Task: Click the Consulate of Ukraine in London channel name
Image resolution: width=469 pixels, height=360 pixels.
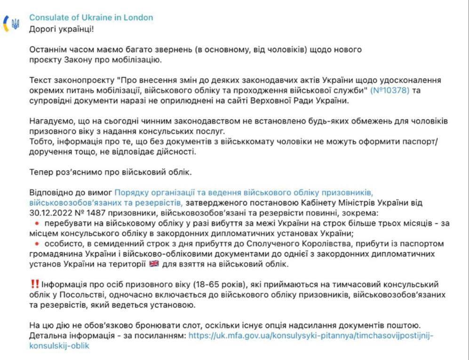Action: pyautogui.click(x=91, y=17)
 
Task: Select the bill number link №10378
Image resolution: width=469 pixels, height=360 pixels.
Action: pyautogui.click(x=390, y=89)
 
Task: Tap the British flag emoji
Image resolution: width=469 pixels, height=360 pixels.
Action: pyautogui.click(x=154, y=264)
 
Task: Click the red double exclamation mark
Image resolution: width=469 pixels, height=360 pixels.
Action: pyautogui.click(x=34, y=284)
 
